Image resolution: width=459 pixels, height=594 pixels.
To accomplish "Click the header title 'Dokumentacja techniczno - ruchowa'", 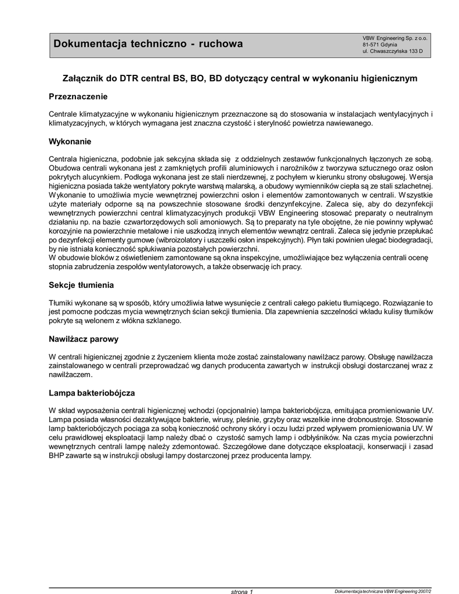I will click(x=149, y=44).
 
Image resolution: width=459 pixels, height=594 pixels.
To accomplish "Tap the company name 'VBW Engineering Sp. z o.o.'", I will click(x=395, y=38).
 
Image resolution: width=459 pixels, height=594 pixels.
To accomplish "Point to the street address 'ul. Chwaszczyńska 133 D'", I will click(x=392, y=51).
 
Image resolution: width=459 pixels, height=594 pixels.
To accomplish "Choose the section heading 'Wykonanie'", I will click(x=70, y=142).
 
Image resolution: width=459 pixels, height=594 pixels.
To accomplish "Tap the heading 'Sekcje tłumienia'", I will click(x=81, y=285).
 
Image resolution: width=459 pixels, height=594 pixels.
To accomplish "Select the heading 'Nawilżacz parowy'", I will click(x=84, y=339).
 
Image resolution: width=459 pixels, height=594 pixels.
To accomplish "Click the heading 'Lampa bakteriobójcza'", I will click(x=92, y=393).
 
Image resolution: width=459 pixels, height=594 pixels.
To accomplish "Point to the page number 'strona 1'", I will click(x=243, y=591).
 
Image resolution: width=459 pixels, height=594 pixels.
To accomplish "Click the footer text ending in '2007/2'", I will click(x=384, y=591).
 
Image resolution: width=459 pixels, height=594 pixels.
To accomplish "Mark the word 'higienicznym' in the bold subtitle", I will click(x=388, y=77).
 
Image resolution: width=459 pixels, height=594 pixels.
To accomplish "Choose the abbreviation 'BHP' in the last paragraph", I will click(x=56, y=456).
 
